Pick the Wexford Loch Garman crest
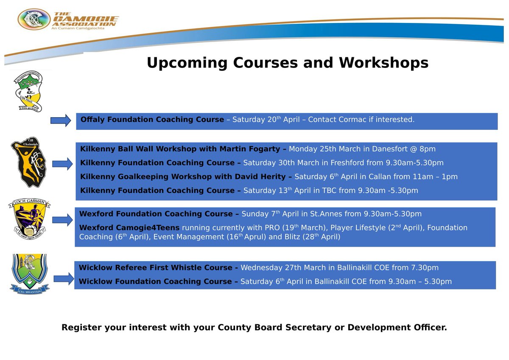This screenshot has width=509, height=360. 29,220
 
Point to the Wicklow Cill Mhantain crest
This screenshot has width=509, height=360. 29,273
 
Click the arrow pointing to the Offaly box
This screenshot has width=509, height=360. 61,121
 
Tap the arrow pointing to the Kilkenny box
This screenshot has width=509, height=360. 62,163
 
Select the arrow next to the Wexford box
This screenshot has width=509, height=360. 62,220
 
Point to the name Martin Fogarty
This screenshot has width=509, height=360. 250,149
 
